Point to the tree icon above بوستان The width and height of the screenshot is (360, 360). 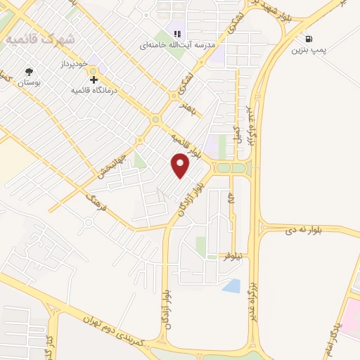pos(29,72)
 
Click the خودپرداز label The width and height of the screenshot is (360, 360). pos(72,63)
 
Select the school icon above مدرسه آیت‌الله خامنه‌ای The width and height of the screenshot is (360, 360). pos(177,34)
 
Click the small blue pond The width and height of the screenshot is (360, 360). pos(231,285)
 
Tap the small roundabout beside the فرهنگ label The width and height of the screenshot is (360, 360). pos(88,223)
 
